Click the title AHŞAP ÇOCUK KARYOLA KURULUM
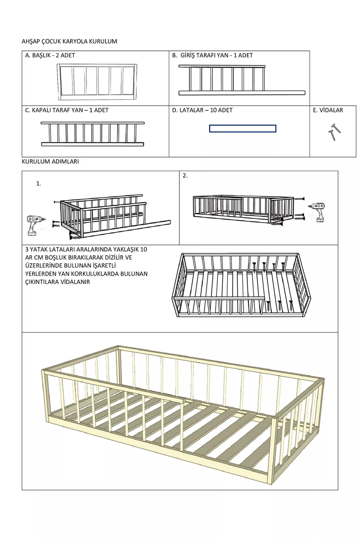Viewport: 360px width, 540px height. point(69,41)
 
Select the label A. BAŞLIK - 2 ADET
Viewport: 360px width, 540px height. point(50,55)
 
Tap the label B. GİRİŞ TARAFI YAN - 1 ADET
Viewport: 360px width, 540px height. point(212,55)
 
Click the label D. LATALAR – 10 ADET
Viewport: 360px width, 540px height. point(202,110)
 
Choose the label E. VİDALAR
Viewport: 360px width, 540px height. point(328,110)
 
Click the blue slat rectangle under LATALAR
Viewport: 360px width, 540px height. point(242,128)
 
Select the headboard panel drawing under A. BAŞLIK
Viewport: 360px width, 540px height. point(98,82)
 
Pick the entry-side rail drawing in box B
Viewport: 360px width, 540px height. point(242,80)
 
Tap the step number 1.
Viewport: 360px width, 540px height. point(38,184)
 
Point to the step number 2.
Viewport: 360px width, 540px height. point(185,175)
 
